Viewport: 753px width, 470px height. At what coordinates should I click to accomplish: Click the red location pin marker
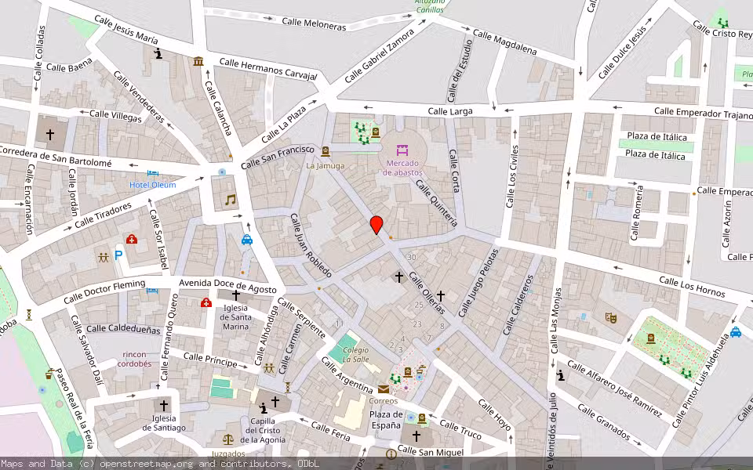click(x=376, y=225)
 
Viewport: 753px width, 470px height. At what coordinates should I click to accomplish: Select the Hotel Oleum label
click(x=153, y=185)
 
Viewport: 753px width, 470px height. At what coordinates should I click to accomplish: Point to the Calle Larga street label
click(x=450, y=111)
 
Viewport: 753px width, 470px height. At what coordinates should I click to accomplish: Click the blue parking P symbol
click(x=119, y=255)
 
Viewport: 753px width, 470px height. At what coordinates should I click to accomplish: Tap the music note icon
click(x=230, y=200)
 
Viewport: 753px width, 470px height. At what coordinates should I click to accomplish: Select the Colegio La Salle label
click(x=355, y=354)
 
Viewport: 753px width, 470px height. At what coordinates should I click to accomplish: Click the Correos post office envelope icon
click(x=384, y=389)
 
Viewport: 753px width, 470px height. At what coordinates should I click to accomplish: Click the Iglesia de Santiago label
click(x=164, y=423)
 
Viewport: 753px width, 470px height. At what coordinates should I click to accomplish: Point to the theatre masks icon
click(x=611, y=317)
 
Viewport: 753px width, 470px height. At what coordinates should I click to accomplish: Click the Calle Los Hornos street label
click(x=691, y=287)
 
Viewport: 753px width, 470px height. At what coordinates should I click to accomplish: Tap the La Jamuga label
click(x=325, y=166)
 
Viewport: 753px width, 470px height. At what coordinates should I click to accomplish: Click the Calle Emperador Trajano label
click(x=697, y=113)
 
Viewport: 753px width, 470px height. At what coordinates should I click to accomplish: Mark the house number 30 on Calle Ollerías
click(x=412, y=257)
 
